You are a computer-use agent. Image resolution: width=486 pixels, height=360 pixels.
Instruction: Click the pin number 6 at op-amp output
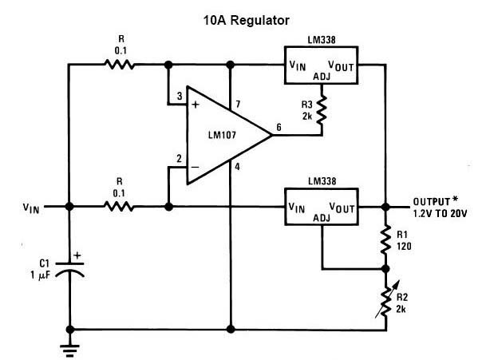click(279, 127)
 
